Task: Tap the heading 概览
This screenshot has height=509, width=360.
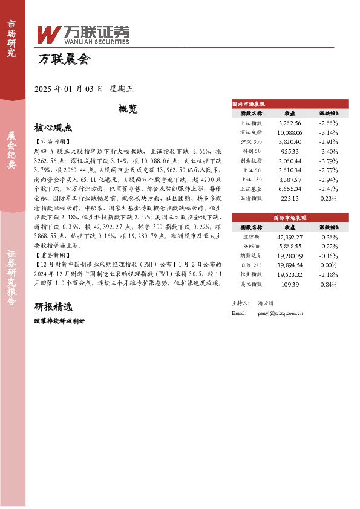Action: point(128,109)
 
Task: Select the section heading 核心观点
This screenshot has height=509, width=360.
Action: point(53,128)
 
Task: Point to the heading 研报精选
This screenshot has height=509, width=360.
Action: point(53,306)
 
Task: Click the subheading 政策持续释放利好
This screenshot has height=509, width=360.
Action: point(59,321)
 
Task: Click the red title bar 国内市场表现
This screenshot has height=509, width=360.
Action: point(290,104)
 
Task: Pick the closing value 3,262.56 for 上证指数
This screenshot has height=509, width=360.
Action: point(290,122)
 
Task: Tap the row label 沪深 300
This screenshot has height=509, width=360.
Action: point(252,141)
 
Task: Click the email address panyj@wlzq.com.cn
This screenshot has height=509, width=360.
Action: point(280,314)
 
